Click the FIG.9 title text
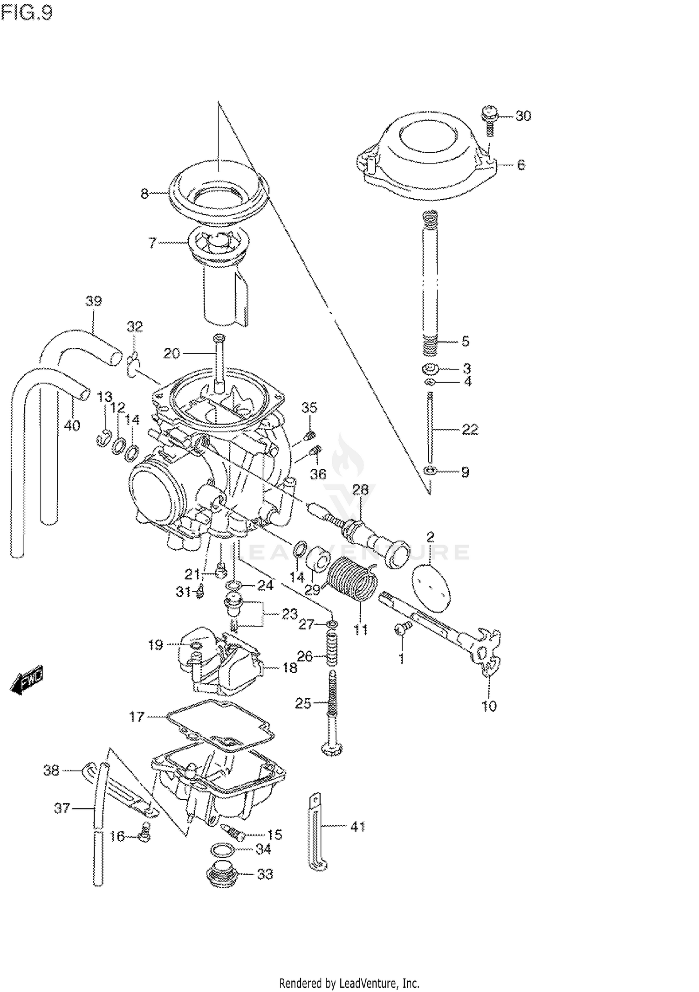pos(27,13)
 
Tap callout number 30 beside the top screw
pos(523,116)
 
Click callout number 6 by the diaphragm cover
pos(521,165)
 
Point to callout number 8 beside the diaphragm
pos(144,193)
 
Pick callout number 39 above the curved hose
pos(94,301)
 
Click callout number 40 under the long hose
pos(72,425)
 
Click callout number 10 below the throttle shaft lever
pos(489,706)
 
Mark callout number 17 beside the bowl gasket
pos(137,716)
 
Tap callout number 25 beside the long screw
pos(303,703)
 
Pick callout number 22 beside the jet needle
pos(470,429)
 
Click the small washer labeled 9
pos(430,472)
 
